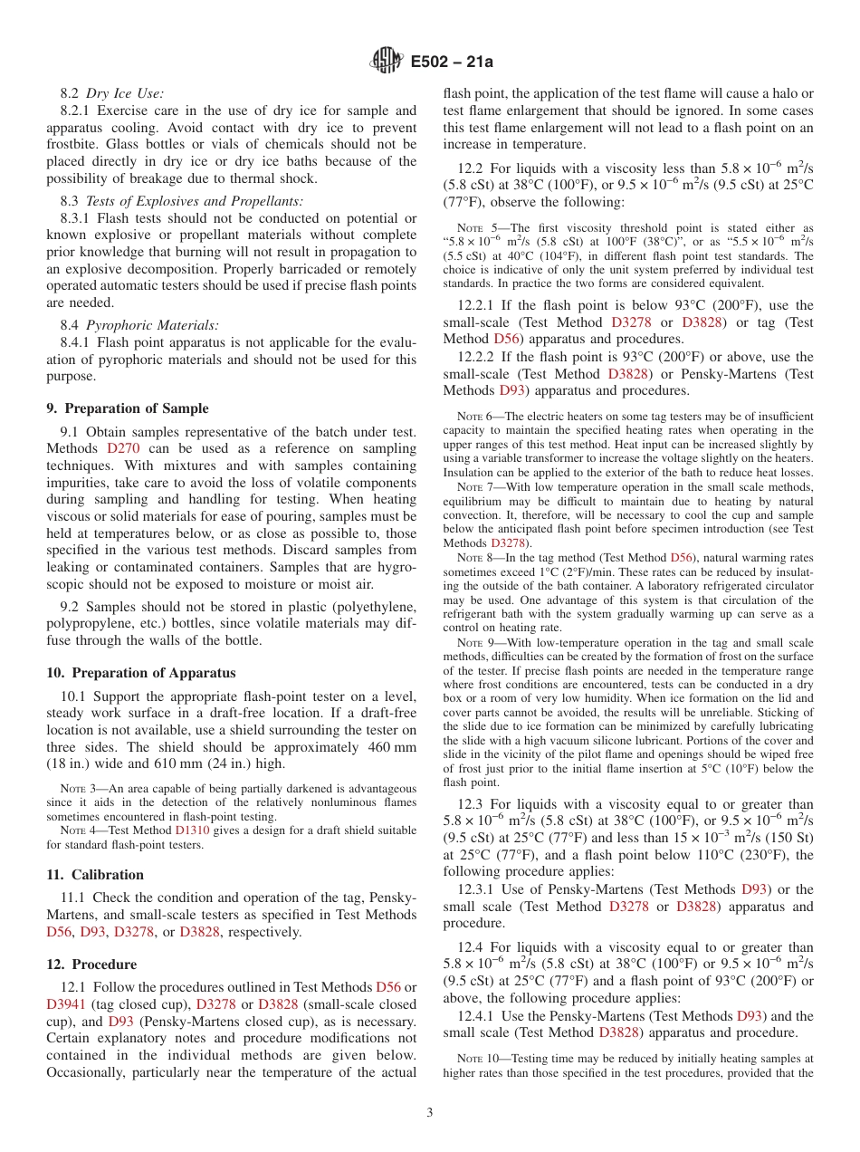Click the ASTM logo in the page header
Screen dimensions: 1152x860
(x=387, y=62)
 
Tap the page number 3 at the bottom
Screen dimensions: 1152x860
(x=430, y=1113)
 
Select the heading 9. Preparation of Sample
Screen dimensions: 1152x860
(x=127, y=408)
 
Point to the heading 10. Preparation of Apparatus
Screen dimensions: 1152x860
(x=140, y=673)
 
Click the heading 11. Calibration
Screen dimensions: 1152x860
(x=95, y=875)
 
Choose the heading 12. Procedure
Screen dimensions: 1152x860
(x=91, y=965)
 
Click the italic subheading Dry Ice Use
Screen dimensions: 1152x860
(x=125, y=93)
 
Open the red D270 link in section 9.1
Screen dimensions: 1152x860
(x=122, y=448)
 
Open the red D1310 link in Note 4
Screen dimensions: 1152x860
(x=191, y=830)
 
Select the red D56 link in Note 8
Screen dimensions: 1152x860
(x=680, y=558)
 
